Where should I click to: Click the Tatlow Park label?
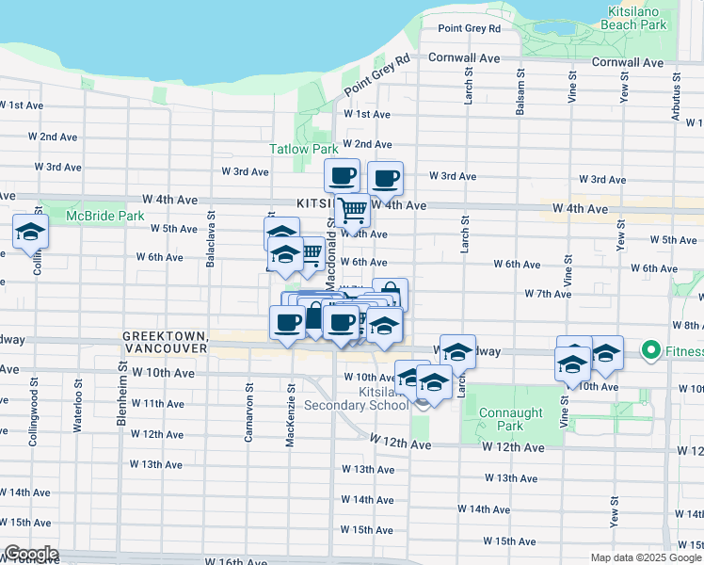[303, 149]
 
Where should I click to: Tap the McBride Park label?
[104, 216]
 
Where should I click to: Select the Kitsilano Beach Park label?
[637, 19]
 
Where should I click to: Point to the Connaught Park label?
[511, 420]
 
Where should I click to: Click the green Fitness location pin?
[649, 352]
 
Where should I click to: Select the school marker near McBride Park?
[30, 232]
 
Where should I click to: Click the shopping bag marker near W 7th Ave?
[391, 294]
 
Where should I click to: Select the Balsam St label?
[520, 92]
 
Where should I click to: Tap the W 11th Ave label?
[157, 404]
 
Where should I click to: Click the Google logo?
[31, 554]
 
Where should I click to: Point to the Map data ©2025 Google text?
[645, 557]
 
